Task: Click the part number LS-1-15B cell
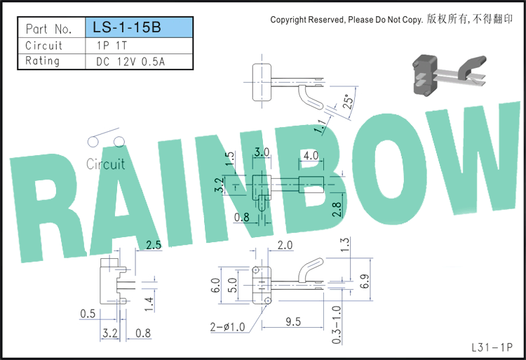point(140,27)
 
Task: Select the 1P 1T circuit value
point(112,46)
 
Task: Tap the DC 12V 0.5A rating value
point(130,62)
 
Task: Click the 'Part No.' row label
point(49,29)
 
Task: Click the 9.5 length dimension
point(293,322)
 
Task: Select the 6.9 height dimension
point(365,281)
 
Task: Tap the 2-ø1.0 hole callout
point(227,327)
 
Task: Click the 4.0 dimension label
point(311,156)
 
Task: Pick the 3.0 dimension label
point(262,152)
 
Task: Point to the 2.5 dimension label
point(154,245)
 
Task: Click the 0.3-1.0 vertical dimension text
point(337,325)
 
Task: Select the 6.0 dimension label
point(216,285)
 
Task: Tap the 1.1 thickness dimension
point(321,126)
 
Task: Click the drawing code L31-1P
point(492,347)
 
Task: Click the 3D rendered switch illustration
point(450,76)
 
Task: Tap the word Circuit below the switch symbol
point(106,164)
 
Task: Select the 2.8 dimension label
point(337,209)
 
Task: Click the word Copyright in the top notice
point(288,20)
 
